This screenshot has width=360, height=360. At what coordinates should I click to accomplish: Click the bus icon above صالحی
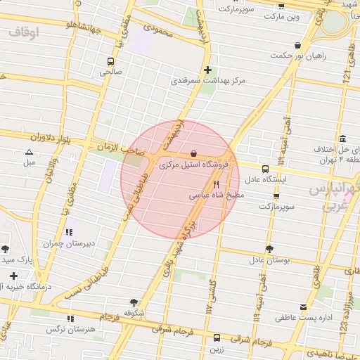point(110,61)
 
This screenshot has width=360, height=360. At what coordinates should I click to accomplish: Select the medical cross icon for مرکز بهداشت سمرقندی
point(207,70)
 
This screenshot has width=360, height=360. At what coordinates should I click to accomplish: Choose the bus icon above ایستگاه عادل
point(265,169)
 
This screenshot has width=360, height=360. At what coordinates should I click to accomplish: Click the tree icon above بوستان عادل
point(269,249)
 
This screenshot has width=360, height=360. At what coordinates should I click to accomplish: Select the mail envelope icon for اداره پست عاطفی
point(304,308)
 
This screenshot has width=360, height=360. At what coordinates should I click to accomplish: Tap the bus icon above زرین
point(216,338)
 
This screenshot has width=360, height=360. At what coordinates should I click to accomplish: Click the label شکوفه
point(134,312)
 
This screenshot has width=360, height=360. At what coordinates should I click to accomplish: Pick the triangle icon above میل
point(29,152)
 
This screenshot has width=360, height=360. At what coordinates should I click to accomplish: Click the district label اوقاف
point(24,32)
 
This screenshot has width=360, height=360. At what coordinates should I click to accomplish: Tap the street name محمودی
point(157,30)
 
